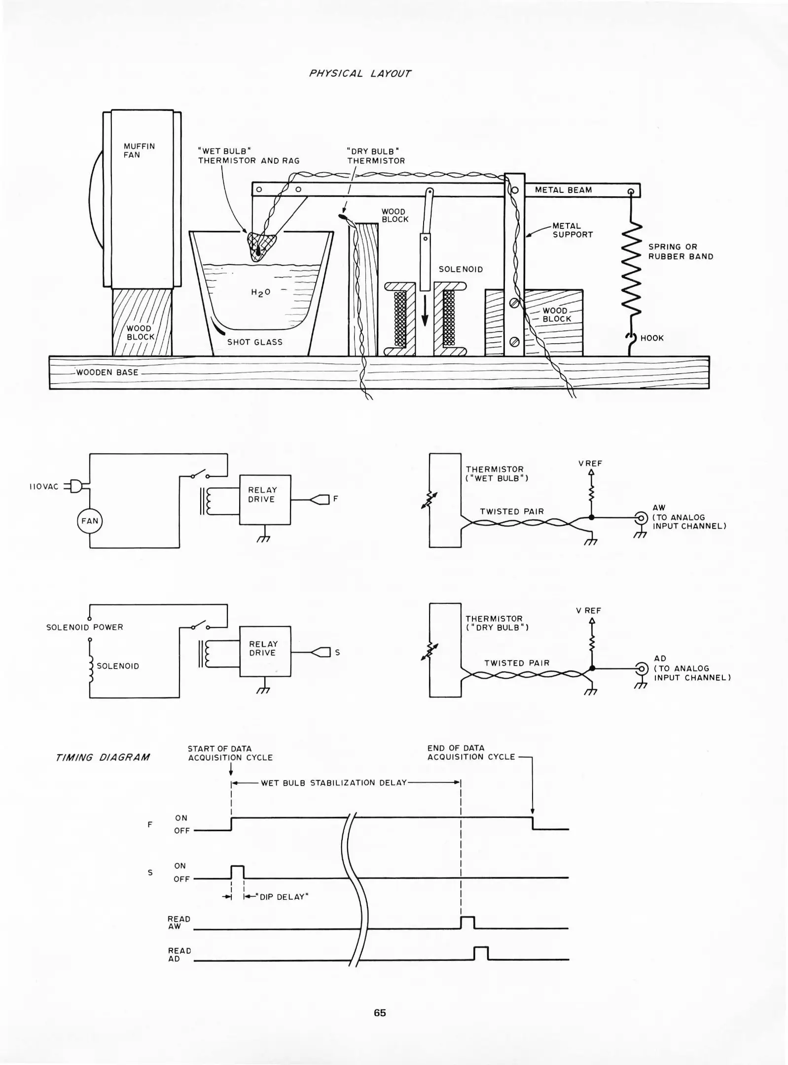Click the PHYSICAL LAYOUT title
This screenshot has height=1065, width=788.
pyautogui.click(x=359, y=73)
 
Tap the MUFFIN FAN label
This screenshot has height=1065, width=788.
pyautogui.click(x=139, y=150)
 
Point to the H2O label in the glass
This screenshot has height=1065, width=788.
pyautogui.click(x=260, y=292)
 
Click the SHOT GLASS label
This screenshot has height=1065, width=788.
pyautogui.click(x=254, y=342)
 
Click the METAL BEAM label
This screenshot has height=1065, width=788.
pyautogui.click(x=563, y=190)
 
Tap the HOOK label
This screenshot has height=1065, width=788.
pyautogui.click(x=651, y=338)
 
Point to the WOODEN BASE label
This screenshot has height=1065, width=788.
pyautogui.click(x=107, y=372)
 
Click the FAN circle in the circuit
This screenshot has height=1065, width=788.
pyautogui.click(x=90, y=521)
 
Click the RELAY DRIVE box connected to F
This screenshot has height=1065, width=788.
pyautogui.click(x=265, y=499)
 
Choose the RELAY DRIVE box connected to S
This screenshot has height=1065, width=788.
pyautogui.click(x=265, y=651)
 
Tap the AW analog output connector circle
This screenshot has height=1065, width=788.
pyautogui.click(x=641, y=518)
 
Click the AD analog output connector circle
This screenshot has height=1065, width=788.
pyautogui.click(x=642, y=669)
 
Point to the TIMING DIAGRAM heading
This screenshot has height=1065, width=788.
pyautogui.click(x=103, y=757)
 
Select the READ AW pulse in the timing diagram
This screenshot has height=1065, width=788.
pyautogui.click(x=467, y=923)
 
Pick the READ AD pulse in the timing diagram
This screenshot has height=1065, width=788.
pyautogui.click(x=481, y=953)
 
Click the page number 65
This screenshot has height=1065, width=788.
pyautogui.click(x=380, y=1013)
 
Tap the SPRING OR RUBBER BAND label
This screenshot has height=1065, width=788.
pyautogui.click(x=681, y=251)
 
